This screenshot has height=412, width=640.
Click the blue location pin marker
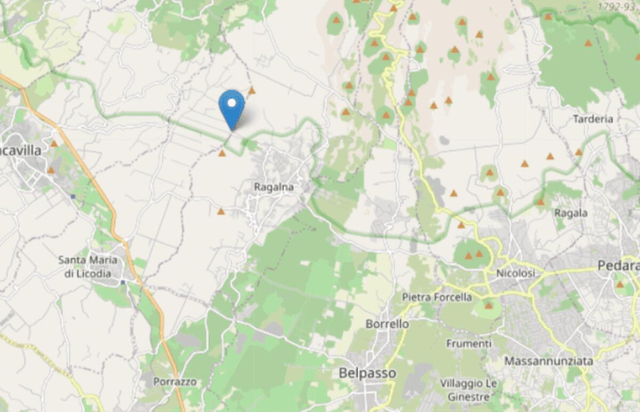click(232, 107)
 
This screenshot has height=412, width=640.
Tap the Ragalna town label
click(275, 187)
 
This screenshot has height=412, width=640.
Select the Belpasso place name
click(367, 373)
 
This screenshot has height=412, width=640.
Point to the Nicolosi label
click(515, 273)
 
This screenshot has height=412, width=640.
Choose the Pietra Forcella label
click(437, 297)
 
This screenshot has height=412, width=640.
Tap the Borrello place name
click(388, 324)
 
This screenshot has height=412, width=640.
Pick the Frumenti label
click(469, 343)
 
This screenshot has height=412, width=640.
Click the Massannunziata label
click(549, 361)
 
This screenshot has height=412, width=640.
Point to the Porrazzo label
click(175, 382)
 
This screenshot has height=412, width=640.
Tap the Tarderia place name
click(593, 119)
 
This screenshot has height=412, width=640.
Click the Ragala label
click(571, 213)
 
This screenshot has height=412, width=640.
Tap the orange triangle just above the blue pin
click(252, 91)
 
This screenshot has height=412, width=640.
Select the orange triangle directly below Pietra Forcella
click(489, 306)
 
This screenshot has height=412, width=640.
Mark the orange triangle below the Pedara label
click(620, 284)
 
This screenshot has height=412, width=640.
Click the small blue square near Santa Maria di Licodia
click(122, 282)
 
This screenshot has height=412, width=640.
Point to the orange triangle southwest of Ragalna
click(221, 212)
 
